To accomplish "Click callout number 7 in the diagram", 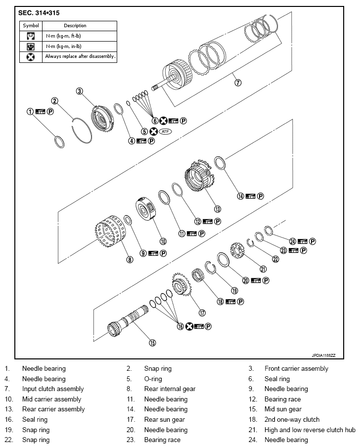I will [x=238, y=83].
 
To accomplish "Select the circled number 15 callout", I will [x=152, y=342].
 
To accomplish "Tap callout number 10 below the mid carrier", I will [x=162, y=241].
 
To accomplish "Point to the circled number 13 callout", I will [x=217, y=208].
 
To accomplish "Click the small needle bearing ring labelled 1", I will [x=59, y=141].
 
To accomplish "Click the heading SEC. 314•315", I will [x=42, y=12].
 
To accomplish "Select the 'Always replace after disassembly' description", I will [x=80, y=56].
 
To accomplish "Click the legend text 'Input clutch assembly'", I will [x=53, y=389].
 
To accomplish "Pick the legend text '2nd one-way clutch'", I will [x=292, y=419].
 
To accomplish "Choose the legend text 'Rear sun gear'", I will [x=164, y=419].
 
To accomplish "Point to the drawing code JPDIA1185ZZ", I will [x=323, y=355].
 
